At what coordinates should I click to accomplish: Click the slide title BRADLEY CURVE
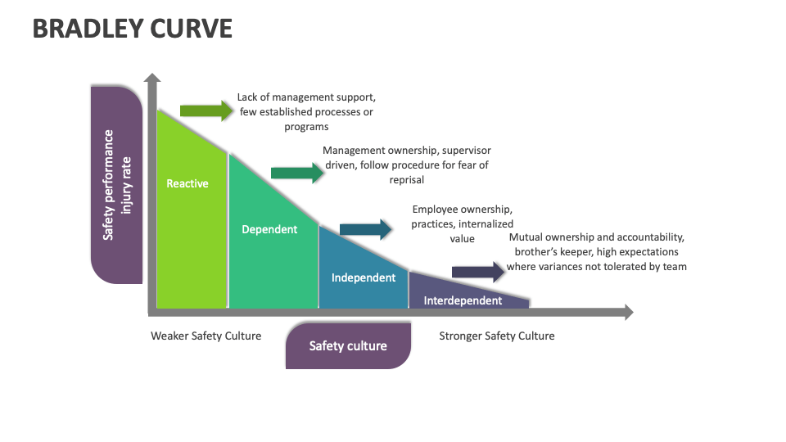(x=133, y=29)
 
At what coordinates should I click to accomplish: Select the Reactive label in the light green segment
(x=187, y=183)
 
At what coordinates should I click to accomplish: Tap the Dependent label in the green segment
(x=269, y=229)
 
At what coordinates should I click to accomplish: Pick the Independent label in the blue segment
(x=364, y=277)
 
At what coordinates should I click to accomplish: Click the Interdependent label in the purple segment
(x=463, y=300)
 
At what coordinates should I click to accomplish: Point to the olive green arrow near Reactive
(x=206, y=110)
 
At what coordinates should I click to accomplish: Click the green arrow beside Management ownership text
(x=297, y=172)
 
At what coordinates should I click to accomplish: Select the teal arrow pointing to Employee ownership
(x=366, y=229)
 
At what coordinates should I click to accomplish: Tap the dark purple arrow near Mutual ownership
(x=478, y=272)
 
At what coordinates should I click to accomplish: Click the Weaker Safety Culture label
(x=206, y=336)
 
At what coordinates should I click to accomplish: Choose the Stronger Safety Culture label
(x=496, y=336)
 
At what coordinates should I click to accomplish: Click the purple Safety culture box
(x=348, y=345)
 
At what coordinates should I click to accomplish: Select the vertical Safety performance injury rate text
(x=116, y=185)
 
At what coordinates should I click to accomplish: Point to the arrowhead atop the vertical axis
(x=151, y=79)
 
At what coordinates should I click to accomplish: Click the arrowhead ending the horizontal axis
(x=627, y=312)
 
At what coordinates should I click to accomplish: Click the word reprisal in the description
(x=406, y=179)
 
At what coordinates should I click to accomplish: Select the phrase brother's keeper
(x=552, y=252)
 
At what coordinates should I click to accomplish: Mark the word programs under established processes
(x=306, y=126)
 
